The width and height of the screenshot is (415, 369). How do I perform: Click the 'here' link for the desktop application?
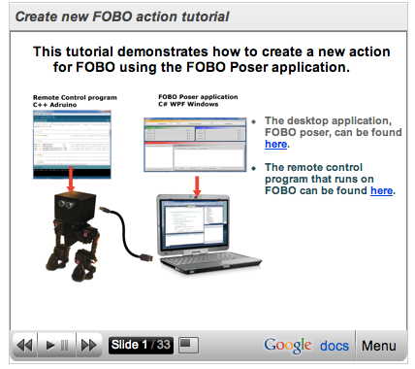[x=275, y=144]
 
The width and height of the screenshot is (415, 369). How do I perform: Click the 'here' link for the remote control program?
[x=381, y=190]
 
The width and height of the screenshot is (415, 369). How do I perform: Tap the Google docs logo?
[x=306, y=345]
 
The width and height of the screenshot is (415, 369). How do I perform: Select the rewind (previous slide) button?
[x=25, y=345]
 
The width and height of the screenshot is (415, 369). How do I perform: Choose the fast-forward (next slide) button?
[x=88, y=345]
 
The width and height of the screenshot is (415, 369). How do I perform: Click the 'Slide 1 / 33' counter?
[x=142, y=345]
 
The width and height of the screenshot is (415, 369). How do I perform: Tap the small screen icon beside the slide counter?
[x=190, y=345]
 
